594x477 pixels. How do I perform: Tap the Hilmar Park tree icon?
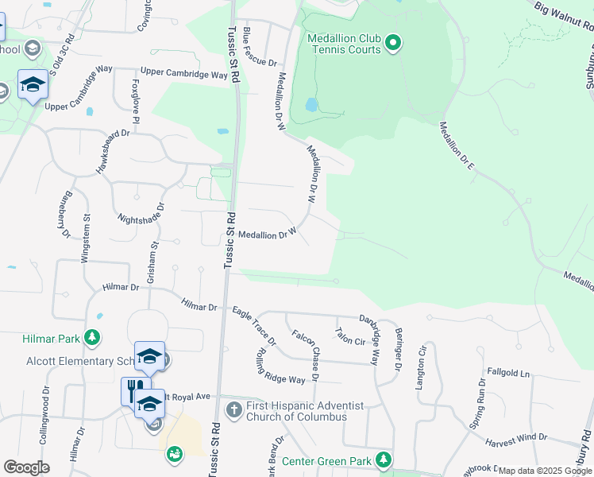click(93, 338)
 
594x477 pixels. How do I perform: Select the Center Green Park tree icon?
click(384, 460)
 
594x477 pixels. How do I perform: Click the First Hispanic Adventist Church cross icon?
click(234, 410)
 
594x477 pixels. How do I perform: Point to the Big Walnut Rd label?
click(564, 18)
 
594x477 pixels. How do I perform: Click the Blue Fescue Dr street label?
click(258, 45)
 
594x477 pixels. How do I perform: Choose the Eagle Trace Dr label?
click(254, 327)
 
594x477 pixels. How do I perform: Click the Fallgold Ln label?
click(507, 372)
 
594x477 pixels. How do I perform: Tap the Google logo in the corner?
click(26, 467)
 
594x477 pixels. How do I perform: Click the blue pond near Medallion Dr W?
click(311, 104)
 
